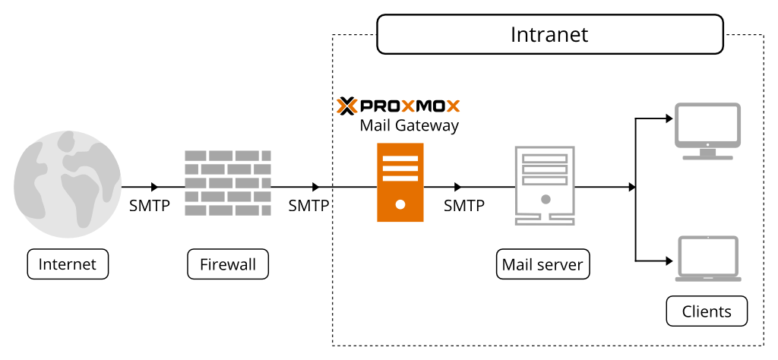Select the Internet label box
coord(68,264)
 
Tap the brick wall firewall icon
coord(228,182)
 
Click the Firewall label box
coord(228,264)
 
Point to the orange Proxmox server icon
coord(400,182)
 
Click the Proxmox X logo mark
coord(346,106)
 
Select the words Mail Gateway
coord(409,125)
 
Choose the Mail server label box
coord(542,264)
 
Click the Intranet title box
coord(549,36)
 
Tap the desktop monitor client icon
coord(707,131)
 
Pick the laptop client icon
coord(708,259)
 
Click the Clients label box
coord(707,311)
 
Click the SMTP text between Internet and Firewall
coord(150,205)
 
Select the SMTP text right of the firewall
coord(308,205)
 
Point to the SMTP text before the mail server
coord(464,205)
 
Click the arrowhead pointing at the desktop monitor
coord(669,118)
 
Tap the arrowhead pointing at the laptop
coord(669,261)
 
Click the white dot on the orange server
coord(400,204)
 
